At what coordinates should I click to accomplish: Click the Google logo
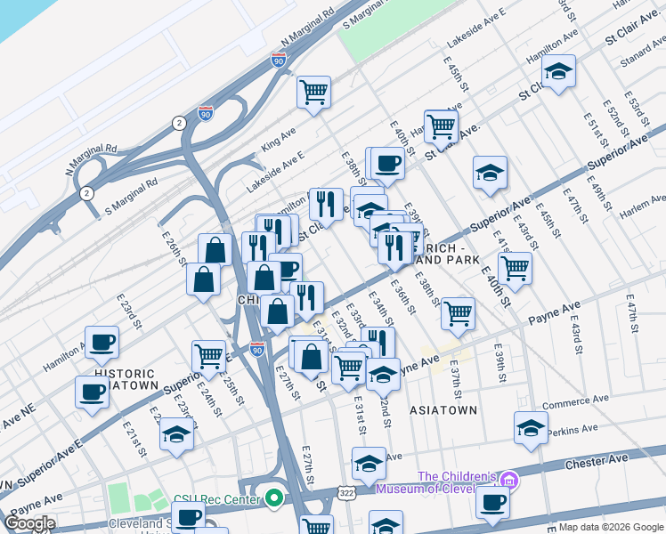[x=29, y=523]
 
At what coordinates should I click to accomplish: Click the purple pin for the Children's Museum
[x=508, y=479]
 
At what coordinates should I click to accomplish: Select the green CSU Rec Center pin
[x=274, y=497]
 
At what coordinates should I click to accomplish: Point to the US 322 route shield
[x=345, y=491]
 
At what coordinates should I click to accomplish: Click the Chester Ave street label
[x=604, y=460]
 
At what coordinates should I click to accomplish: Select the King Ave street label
[x=278, y=139]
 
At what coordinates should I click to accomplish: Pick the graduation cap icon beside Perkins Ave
[x=531, y=428]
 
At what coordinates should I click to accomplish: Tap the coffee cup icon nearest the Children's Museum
[x=492, y=501]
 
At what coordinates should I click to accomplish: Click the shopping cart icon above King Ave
[x=313, y=91]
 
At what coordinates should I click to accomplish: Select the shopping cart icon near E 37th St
[x=458, y=312]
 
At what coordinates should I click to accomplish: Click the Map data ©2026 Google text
[x=610, y=527]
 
